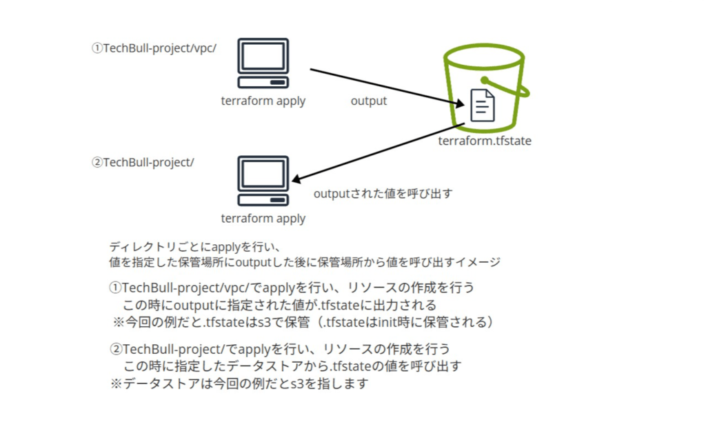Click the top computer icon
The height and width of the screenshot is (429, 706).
click(263, 63)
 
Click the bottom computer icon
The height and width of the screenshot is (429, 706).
click(263, 181)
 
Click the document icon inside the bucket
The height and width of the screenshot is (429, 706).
click(482, 106)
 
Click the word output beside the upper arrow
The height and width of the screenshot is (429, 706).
click(369, 101)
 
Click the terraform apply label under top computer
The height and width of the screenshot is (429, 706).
click(263, 101)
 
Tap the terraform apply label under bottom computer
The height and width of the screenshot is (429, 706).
click(263, 219)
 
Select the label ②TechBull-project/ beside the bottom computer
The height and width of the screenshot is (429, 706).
click(143, 163)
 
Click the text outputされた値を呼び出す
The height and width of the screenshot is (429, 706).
click(383, 194)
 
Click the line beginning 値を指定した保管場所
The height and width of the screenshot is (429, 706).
click(304, 262)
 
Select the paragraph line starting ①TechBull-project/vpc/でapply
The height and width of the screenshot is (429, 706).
click(292, 287)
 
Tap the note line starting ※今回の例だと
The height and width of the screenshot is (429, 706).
click(304, 321)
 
